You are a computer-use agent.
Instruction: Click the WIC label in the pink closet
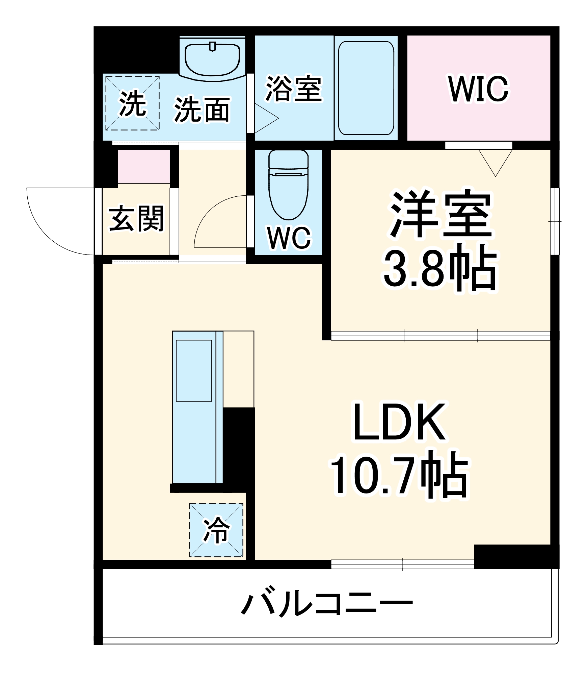click(x=478, y=89)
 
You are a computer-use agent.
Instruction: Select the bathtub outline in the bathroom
click(x=366, y=88)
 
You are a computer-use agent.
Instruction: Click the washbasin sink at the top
click(x=212, y=60)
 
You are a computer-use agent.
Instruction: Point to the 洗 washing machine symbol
click(x=132, y=103)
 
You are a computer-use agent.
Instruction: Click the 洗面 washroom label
click(x=202, y=110)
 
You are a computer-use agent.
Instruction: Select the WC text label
click(x=289, y=238)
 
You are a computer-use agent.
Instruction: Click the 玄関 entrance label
click(x=136, y=219)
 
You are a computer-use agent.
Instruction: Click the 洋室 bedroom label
click(x=441, y=214)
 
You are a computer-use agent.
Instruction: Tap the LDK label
click(x=400, y=422)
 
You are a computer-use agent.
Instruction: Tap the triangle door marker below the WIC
click(x=495, y=161)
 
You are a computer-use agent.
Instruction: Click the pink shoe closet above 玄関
click(x=143, y=166)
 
